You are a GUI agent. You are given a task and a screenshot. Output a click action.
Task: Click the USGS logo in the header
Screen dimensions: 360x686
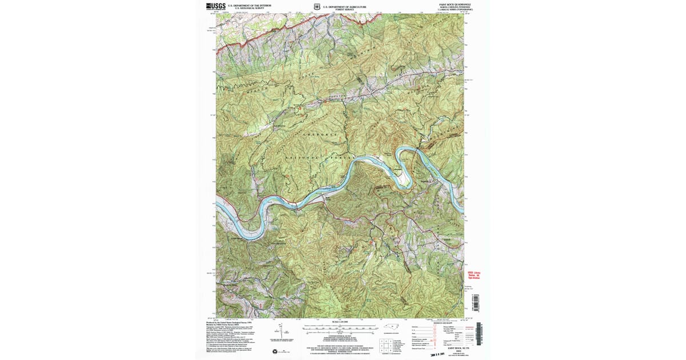(216, 6)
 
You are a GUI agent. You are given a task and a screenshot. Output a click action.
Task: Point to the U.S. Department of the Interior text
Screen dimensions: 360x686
(249, 5)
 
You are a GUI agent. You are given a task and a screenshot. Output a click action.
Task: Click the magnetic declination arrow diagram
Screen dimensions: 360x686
(280, 331)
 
